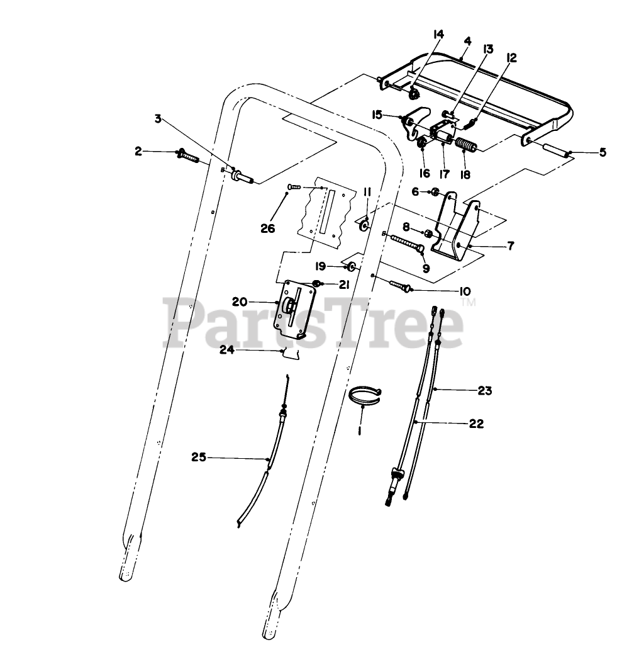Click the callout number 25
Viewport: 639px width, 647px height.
point(199,458)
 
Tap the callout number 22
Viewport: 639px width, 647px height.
point(476,424)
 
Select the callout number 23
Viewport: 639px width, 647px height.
point(484,391)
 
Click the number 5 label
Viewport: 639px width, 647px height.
point(603,152)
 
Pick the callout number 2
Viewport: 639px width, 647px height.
point(138,151)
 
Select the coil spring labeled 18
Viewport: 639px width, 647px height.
point(467,147)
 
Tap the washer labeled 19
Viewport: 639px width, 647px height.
point(352,267)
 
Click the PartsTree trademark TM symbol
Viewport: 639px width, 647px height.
point(469,304)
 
